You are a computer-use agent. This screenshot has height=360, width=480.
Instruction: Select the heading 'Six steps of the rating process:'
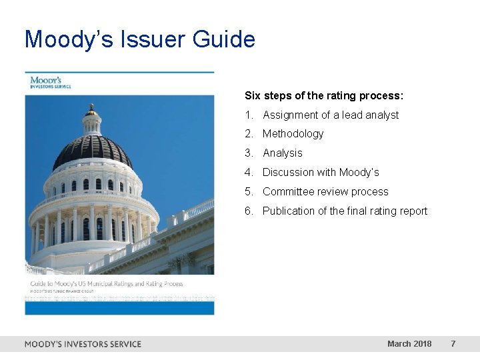324,95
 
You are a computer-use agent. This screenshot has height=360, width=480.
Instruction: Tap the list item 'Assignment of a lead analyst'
331,115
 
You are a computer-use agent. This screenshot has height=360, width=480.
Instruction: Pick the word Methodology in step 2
293,134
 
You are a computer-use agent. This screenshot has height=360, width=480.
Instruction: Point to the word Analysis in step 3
282,153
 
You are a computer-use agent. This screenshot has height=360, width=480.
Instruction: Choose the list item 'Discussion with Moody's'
321,173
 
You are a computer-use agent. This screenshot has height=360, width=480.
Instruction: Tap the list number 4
249,173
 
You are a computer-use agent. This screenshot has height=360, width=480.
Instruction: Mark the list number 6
249,211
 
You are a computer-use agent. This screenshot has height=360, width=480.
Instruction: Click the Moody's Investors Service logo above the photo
51,83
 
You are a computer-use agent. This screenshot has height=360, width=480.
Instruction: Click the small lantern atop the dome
91,112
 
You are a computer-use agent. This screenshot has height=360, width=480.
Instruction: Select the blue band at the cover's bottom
120,307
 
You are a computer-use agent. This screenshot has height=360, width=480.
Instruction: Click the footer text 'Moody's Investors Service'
83,344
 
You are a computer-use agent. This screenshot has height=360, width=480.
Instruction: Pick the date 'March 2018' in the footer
409,344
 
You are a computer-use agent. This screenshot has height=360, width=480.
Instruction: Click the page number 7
453,344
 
